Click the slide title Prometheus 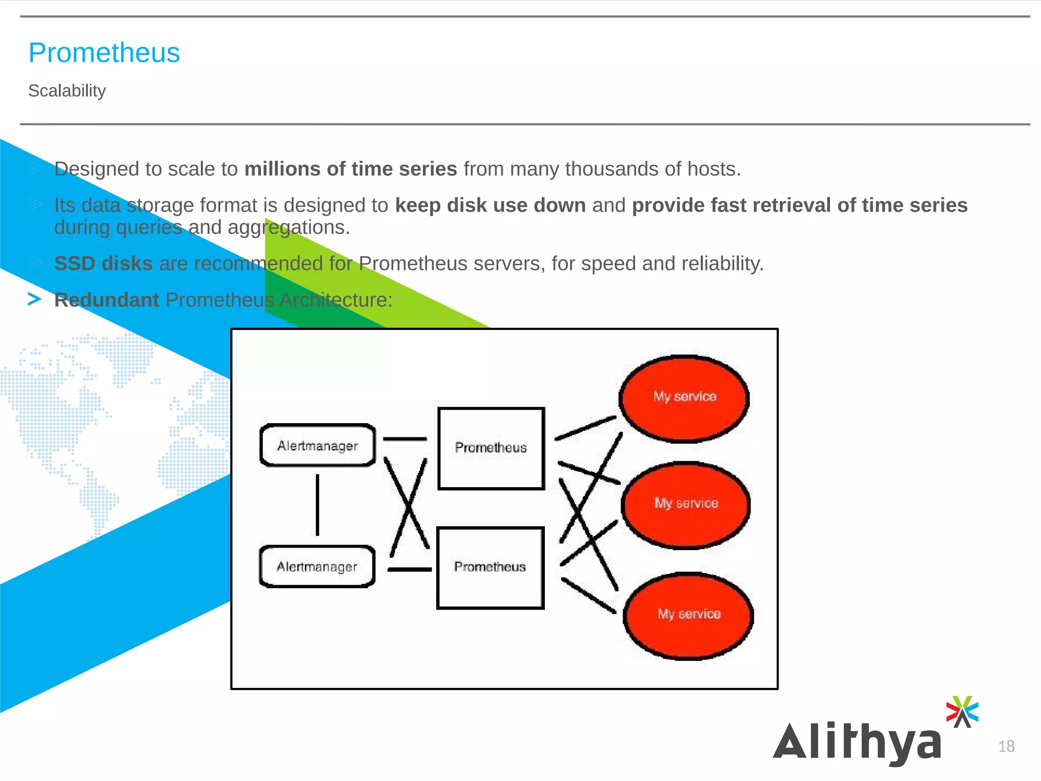(x=104, y=53)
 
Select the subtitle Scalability (x=67, y=91)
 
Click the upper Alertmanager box (x=318, y=445)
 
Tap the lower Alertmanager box (x=317, y=566)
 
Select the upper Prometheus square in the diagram (x=491, y=448)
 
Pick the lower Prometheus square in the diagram (x=491, y=567)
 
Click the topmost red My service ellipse (x=684, y=399)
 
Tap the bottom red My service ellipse (x=689, y=616)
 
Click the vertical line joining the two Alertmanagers (x=318, y=505)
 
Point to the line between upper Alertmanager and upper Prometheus (x=405, y=439)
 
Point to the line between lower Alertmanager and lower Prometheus (x=410, y=569)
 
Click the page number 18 (x=1006, y=746)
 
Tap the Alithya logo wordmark (x=857, y=743)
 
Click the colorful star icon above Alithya (x=962, y=711)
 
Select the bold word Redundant (x=107, y=300)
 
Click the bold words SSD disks (x=103, y=263)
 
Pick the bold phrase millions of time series (x=351, y=169)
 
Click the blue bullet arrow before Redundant (x=35, y=299)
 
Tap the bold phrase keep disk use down (x=491, y=205)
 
